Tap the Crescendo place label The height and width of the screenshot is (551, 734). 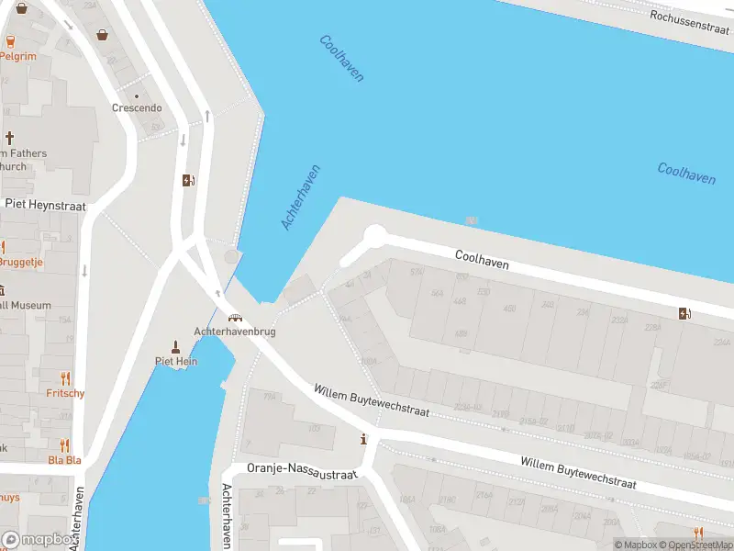pyautogui.click(x=137, y=107)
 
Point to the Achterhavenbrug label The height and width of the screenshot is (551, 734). pyautogui.click(x=235, y=332)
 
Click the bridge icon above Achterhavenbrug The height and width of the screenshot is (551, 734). pyautogui.click(x=235, y=318)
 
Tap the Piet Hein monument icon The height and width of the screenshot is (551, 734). pyautogui.click(x=175, y=346)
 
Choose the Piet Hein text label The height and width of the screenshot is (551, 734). pyautogui.click(x=175, y=361)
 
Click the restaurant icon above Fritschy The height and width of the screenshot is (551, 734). pyautogui.click(x=65, y=378)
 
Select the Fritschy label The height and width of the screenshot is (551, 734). pyautogui.click(x=65, y=394)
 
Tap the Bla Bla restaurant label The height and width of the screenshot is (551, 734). pyautogui.click(x=64, y=460)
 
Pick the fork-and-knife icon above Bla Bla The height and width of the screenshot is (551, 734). pyautogui.click(x=64, y=445)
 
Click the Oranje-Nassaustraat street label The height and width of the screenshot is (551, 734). pyautogui.click(x=302, y=470)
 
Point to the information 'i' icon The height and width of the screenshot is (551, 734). pyautogui.click(x=365, y=439)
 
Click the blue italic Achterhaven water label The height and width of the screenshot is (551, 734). pyautogui.click(x=301, y=197)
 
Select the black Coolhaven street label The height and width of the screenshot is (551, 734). pyautogui.click(x=482, y=260)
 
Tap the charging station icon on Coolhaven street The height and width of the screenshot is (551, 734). pyautogui.click(x=684, y=313)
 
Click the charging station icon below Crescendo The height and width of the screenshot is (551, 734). pyautogui.click(x=188, y=180)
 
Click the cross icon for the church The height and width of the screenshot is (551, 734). pyautogui.click(x=10, y=138)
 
